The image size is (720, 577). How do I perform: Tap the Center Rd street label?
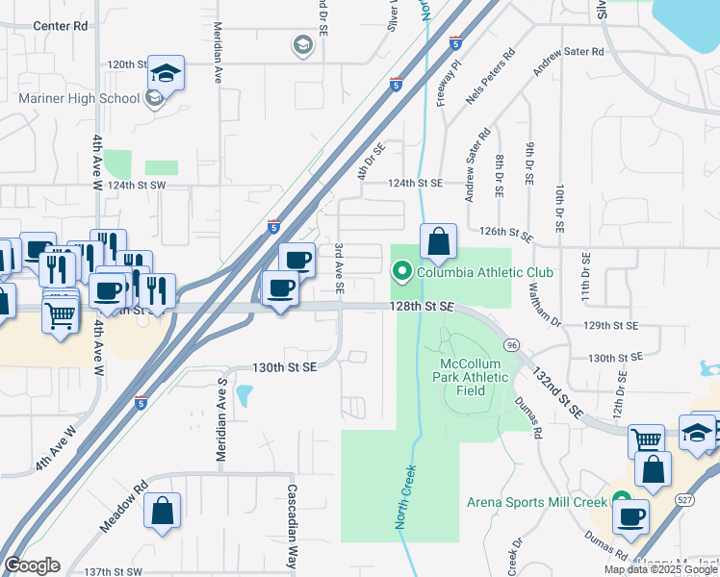60,26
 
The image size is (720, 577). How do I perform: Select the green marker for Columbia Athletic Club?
403,272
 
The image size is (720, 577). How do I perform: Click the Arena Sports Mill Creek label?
537,501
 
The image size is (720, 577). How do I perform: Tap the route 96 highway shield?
511,344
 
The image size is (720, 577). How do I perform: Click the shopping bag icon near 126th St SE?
438,242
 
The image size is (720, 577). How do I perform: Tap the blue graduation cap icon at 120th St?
166,73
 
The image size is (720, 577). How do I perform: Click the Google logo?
32,565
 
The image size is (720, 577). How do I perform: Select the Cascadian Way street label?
292,525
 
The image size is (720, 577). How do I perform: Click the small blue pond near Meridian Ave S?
243,394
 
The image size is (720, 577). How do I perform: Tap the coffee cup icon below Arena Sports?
632,516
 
